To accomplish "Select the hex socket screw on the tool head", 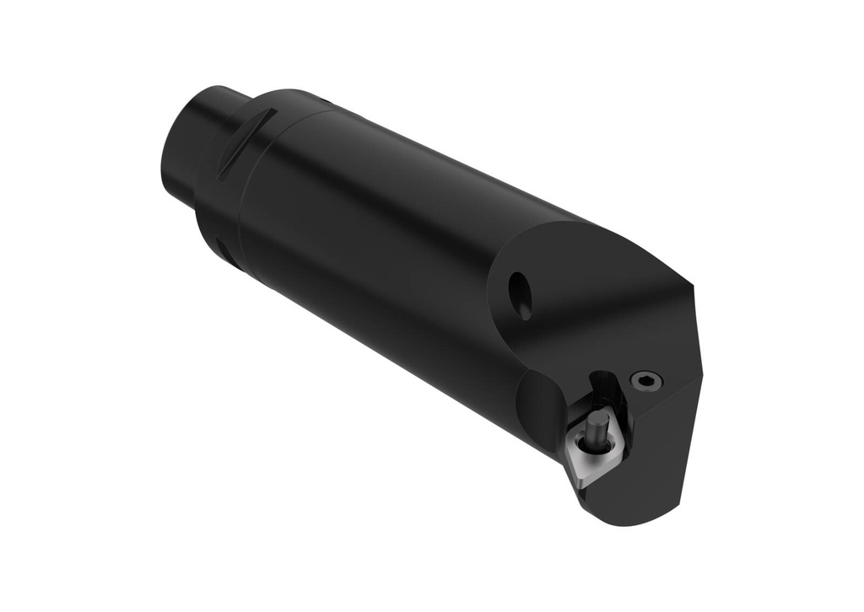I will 646,381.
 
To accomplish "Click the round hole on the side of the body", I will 520,295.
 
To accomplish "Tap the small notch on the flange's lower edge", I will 222,246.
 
